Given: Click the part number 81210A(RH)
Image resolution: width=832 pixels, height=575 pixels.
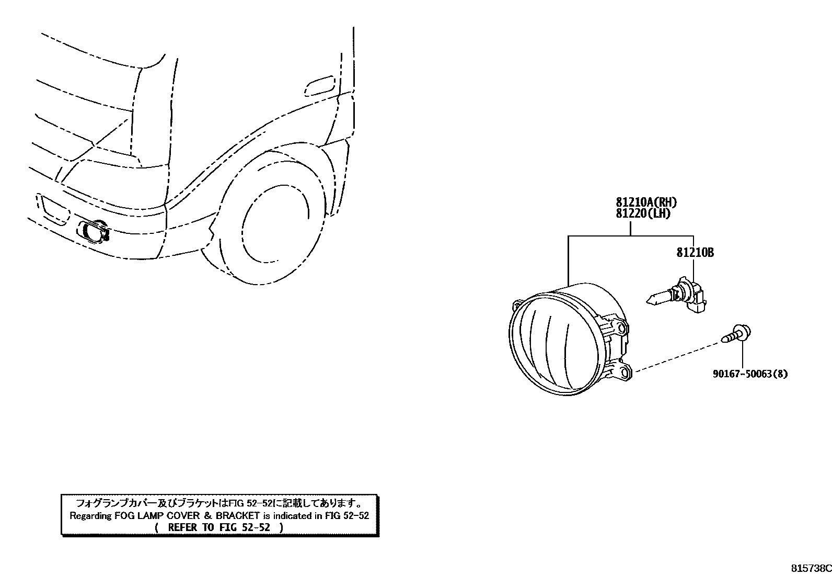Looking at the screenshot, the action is pyautogui.click(x=642, y=202).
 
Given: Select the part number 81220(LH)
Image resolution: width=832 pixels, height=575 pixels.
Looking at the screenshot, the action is pyautogui.click(x=642, y=213).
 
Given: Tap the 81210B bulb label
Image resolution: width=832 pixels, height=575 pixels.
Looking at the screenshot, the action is pyautogui.click(x=695, y=253).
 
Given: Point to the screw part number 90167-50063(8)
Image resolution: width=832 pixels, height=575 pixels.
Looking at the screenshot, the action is pyautogui.click(x=750, y=374).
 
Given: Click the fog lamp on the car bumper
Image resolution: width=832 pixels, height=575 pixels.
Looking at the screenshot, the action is pyautogui.click(x=94, y=232).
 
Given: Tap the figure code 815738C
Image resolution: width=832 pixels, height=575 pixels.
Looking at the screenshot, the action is pyautogui.click(x=811, y=568).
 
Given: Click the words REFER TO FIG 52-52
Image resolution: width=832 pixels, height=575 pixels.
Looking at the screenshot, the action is pyautogui.click(x=219, y=527).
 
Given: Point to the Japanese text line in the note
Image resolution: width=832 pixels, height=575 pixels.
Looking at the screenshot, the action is pyautogui.click(x=219, y=503).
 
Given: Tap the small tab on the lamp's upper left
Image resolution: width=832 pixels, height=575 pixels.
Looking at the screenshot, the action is pyautogui.click(x=517, y=303).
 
